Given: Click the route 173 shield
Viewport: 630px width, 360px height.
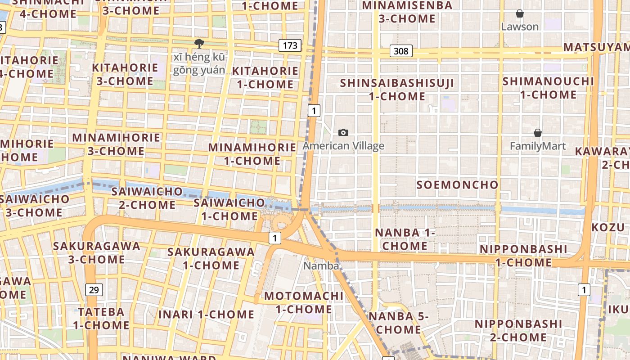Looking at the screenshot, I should coord(290,45).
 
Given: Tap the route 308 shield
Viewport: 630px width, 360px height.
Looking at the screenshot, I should coord(400,51).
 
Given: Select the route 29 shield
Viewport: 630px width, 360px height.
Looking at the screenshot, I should coord(94,290).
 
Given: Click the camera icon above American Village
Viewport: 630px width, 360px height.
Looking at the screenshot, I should coord(343,132).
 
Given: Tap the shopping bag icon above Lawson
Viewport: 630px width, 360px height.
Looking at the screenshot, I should coord(520,13).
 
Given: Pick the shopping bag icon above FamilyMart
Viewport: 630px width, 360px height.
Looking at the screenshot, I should coord(537,133).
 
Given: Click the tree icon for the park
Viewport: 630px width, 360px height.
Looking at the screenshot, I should coord(199,43).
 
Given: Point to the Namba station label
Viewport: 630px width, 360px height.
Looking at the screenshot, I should coord(321,266).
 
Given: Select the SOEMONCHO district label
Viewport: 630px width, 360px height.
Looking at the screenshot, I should coord(457,185).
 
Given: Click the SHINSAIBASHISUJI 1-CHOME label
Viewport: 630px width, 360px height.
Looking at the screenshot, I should coord(397,90).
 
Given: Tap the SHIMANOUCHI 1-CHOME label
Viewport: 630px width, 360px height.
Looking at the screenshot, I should coord(548,88).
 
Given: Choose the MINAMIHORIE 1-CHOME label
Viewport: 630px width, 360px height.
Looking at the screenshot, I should coord(252,154).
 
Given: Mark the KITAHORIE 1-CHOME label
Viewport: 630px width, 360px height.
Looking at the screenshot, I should coord(265,77).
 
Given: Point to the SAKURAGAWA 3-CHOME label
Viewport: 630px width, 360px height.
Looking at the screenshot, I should coord(96,253).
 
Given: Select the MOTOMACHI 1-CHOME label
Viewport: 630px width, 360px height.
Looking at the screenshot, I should coord(303,303).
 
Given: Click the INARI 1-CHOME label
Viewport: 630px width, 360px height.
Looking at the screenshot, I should coord(206,315).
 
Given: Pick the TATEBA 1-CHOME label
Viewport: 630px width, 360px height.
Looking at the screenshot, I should coord(101,318).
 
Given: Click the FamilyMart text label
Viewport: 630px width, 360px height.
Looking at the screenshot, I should coord(537,146).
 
